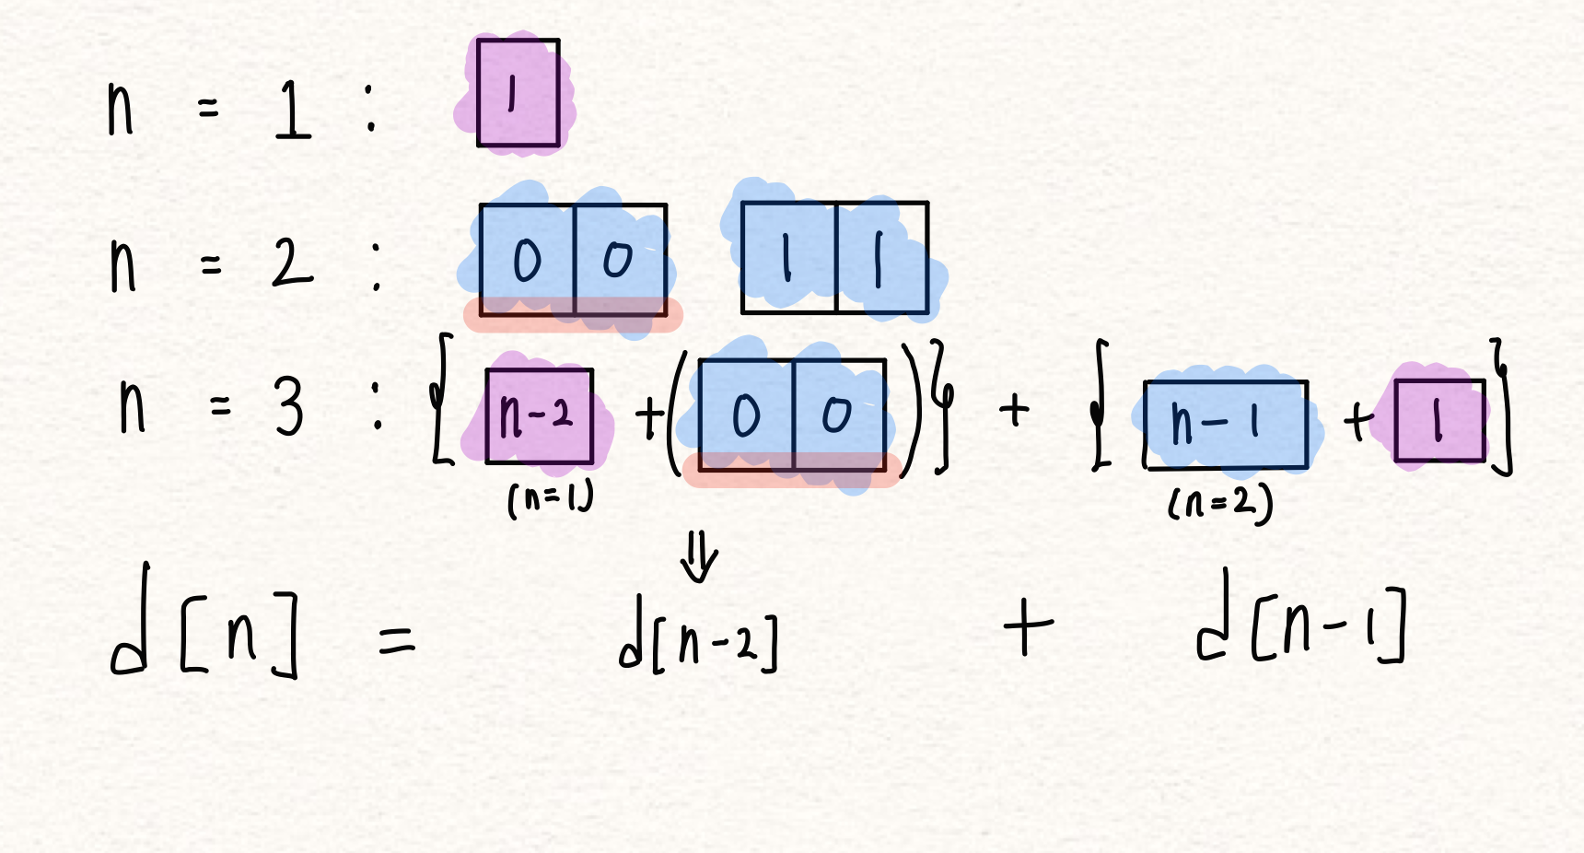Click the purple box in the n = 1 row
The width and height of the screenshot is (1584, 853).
click(x=518, y=93)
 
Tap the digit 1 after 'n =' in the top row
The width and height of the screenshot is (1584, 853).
click(x=293, y=110)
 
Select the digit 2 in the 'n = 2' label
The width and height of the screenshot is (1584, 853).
click(x=292, y=263)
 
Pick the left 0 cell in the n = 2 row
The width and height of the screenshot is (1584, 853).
click(x=527, y=260)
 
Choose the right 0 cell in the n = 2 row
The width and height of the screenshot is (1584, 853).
click(x=620, y=260)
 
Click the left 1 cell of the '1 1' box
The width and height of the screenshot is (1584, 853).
click(x=788, y=258)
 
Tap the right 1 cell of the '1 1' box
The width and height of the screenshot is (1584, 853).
click(x=881, y=258)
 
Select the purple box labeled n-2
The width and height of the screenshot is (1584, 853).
click(x=539, y=415)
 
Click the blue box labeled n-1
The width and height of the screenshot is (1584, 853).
click(x=1225, y=424)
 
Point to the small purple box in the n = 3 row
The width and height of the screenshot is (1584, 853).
click(x=1439, y=420)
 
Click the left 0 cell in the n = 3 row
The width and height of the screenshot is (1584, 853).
click(x=746, y=415)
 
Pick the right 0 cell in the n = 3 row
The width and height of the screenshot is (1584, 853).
click(x=838, y=415)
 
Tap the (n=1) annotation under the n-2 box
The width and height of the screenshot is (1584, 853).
click(x=550, y=499)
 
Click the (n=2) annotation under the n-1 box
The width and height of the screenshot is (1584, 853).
click(x=1220, y=503)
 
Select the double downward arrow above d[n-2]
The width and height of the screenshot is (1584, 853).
click(x=699, y=558)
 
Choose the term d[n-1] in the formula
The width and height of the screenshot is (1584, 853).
click(x=1300, y=626)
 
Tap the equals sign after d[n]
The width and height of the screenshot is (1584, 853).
click(x=397, y=639)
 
